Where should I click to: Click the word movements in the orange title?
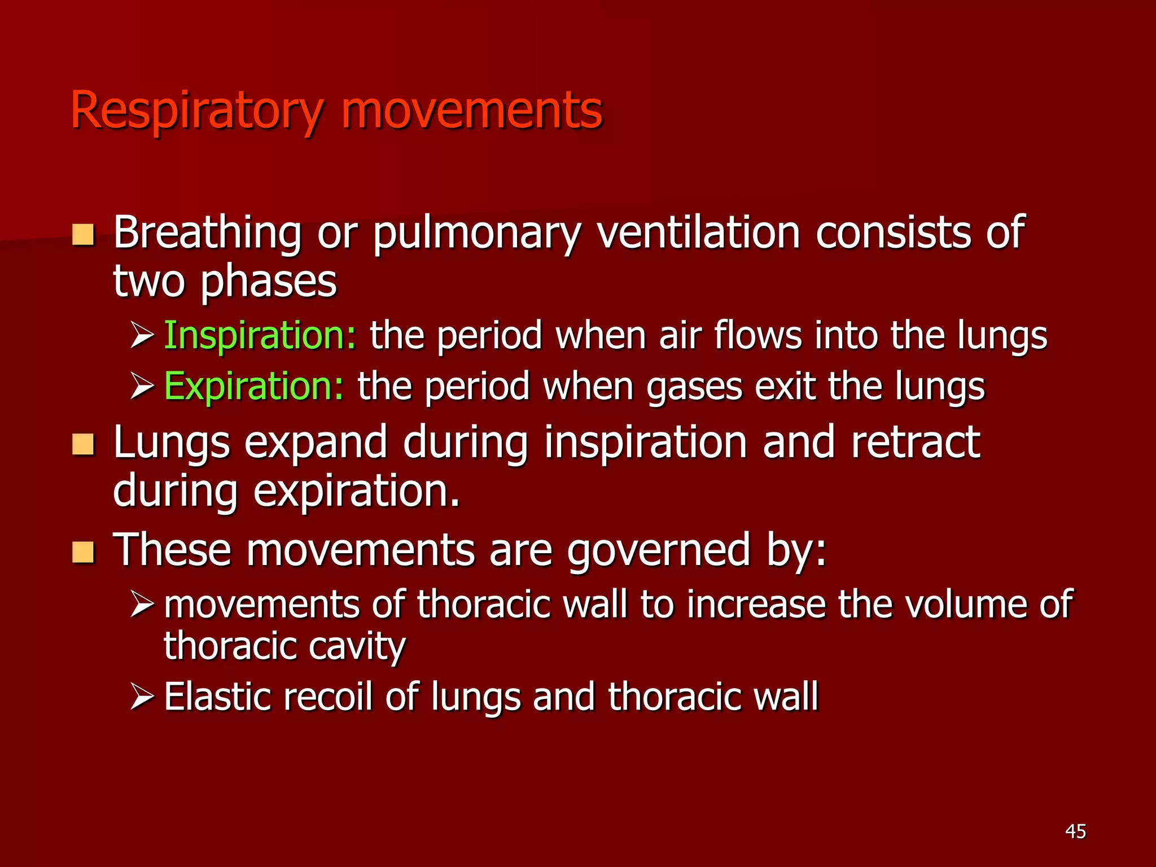click(471, 110)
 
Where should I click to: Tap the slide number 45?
click(1075, 831)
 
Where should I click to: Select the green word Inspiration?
click(260, 336)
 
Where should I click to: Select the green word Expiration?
click(253, 387)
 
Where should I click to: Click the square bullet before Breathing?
click(84, 235)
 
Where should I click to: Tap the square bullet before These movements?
click(84, 552)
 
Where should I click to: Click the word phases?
click(269, 282)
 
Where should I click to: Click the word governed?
click(658, 551)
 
